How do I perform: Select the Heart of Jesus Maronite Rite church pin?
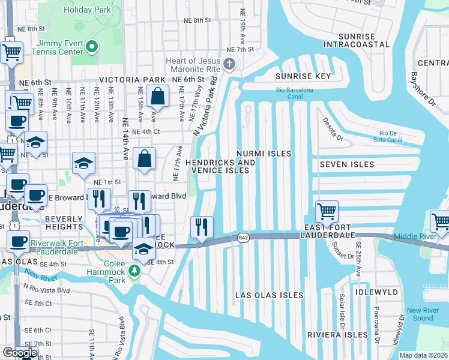229,64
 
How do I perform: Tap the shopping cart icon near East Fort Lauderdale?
327,211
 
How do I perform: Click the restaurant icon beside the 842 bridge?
202,227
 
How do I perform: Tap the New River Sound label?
423,314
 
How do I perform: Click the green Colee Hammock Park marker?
135,272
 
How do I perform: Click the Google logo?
20,352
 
